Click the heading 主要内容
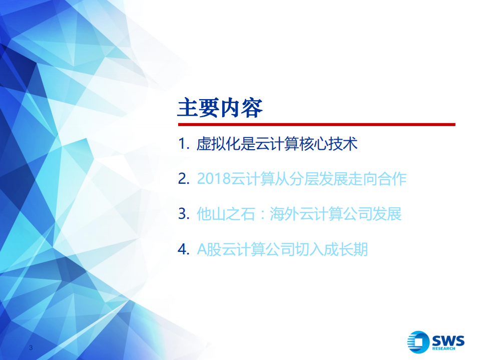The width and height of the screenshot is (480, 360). pyautogui.click(x=220, y=108)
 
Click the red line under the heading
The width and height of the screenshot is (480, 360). pyautogui.click(x=316, y=124)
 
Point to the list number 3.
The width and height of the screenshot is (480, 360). pyautogui.click(x=183, y=214)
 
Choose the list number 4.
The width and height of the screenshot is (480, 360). pyautogui.click(x=183, y=249)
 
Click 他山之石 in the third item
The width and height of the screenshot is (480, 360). pyautogui.click(x=226, y=214)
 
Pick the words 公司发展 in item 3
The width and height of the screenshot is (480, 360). pyautogui.click(x=372, y=214)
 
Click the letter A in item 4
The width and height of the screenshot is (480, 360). pyautogui.click(x=201, y=249)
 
